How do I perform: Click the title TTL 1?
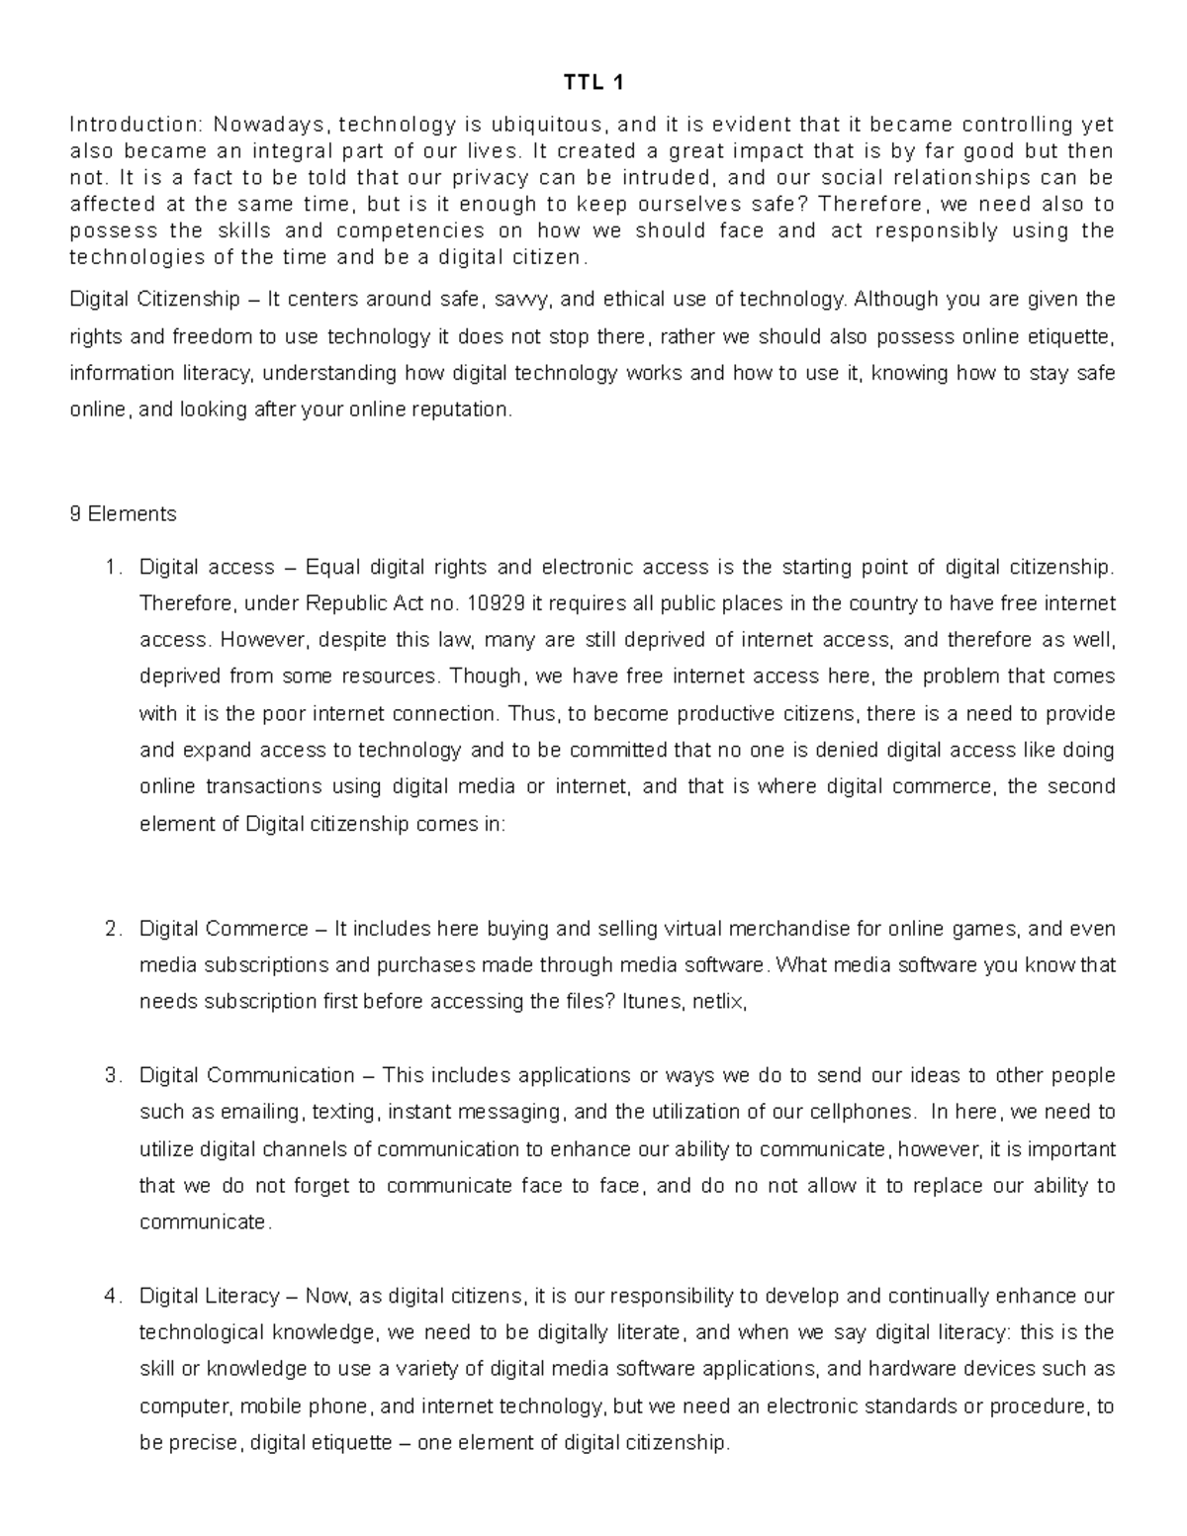[593, 83]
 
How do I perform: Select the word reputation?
[464, 409]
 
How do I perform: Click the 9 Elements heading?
[123, 514]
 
